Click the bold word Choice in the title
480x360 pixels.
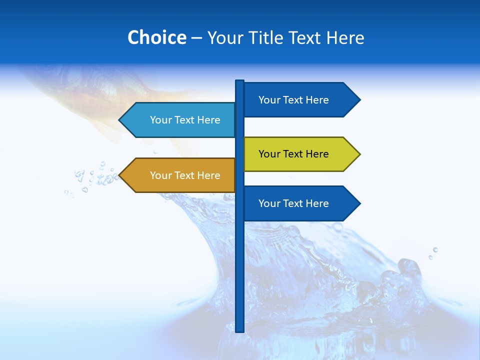point(156,37)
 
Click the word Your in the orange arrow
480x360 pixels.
point(160,175)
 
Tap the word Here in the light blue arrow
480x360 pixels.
point(208,120)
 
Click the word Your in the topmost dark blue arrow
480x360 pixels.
point(268,100)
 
